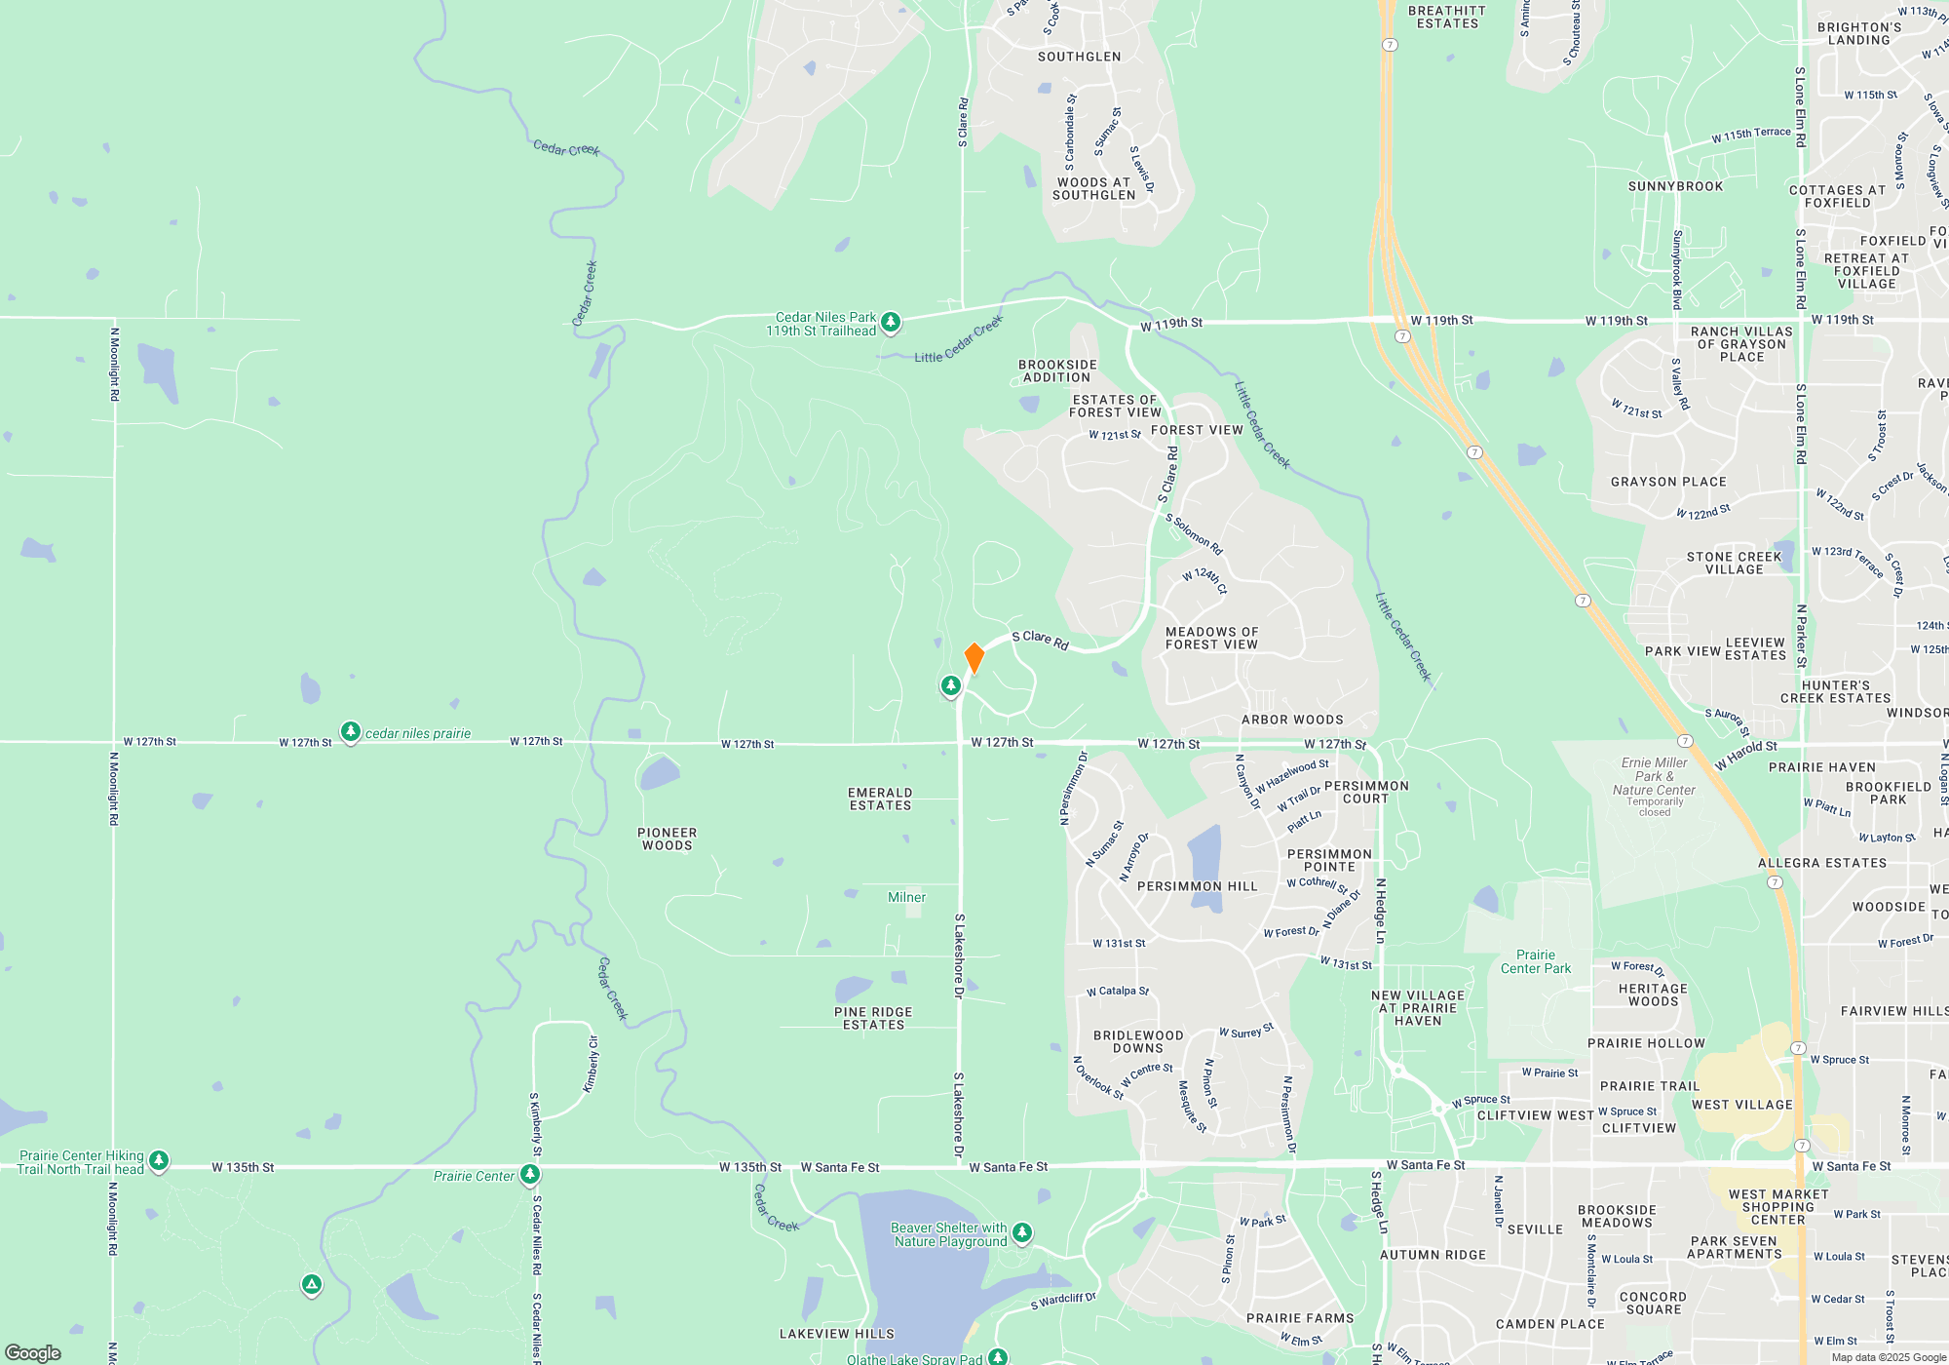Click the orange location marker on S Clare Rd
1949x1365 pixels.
coord(974,658)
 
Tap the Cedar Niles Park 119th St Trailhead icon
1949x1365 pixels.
coord(891,323)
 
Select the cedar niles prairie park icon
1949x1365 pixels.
coord(351,732)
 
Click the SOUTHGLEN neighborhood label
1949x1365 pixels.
coord(1079,57)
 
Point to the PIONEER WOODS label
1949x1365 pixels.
coord(668,839)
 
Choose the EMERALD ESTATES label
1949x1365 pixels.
coord(880,799)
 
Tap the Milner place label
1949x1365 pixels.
coord(906,897)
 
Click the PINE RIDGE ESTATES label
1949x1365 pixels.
coord(873,1019)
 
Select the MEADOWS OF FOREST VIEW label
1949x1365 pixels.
coord(1211,639)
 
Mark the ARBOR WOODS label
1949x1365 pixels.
coord(1292,720)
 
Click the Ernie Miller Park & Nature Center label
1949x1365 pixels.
coord(1654,777)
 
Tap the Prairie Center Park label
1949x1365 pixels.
coord(1536,962)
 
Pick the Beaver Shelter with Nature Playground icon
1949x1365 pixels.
coord(1022,1233)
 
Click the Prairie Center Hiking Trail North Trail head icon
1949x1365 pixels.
coord(159,1161)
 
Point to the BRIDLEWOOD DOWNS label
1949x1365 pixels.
coord(1138,1042)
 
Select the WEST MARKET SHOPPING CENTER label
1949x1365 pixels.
coord(1778,1207)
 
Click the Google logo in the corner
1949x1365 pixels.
coord(33,1352)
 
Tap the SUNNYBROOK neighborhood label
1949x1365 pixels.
coord(1675,186)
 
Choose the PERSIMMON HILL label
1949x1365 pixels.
coord(1197,886)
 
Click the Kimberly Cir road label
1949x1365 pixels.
coord(592,1065)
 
